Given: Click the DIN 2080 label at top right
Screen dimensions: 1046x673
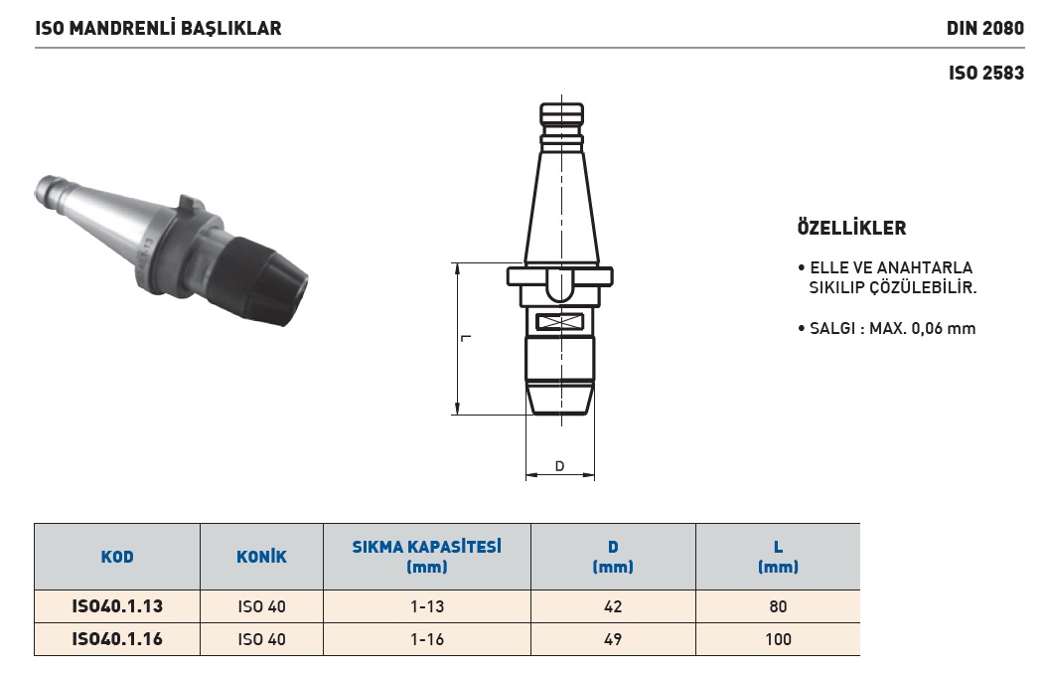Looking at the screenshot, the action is (x=984, y=28).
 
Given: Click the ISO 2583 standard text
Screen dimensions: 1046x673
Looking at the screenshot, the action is (x=986, y=73).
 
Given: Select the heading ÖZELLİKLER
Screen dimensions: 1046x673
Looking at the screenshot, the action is (x=851, y=228).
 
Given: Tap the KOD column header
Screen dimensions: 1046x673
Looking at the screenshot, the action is (x=117, y=557).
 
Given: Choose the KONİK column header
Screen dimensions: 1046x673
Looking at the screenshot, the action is (x=261, y=557).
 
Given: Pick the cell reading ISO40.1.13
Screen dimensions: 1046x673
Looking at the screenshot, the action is (x=117, y=606).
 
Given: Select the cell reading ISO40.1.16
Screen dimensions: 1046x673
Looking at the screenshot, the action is (x=117, y=639).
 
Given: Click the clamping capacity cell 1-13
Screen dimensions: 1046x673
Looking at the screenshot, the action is (x=427, y=606).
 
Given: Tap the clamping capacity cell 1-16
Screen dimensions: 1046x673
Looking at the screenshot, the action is (x=427, y=639).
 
